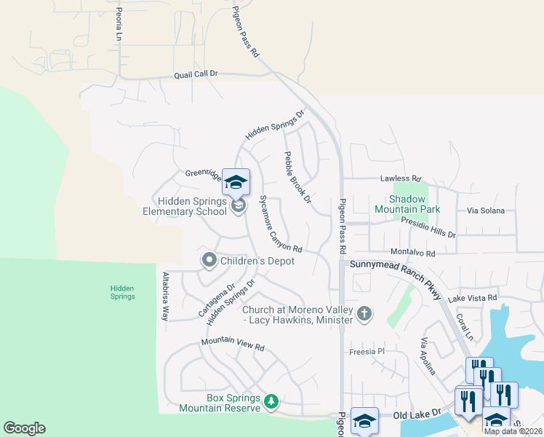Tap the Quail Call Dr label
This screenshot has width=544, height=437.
tap(196, 74)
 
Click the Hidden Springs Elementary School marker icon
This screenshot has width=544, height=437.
tap(238, 207)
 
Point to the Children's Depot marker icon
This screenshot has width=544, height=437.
tap(209, 260)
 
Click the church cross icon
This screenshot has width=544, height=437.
tap(364, 314)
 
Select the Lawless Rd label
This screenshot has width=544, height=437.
tap(400, 178)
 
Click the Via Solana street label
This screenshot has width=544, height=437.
tap(485, 210)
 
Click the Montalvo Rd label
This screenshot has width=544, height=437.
tap(412, 253)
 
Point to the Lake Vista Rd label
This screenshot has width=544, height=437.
tap(472, 298)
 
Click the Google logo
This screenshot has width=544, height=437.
tap(24, 428)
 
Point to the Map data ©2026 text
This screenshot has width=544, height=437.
tap(512, 431)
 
